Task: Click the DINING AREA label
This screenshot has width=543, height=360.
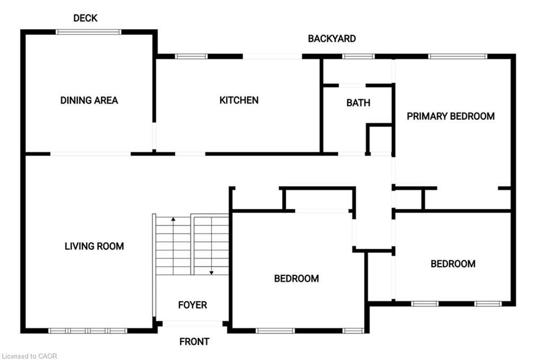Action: point(89,100)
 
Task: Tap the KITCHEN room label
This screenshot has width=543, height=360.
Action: point(239,100)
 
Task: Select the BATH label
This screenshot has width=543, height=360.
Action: point(358,103)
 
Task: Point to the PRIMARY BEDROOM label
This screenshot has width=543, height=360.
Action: point(451,116)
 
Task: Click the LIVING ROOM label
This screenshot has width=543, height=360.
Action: point(94,246)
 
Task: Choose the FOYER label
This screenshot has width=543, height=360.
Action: point(192,305)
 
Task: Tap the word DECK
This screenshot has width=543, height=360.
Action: point(85,18)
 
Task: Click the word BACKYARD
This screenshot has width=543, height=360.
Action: point(332,38)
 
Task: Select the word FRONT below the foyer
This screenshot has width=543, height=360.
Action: point(194,341)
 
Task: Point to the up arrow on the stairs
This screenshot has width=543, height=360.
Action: point(172,218)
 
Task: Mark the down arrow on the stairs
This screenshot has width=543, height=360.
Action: point(211,272)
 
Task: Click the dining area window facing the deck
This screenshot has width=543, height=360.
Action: point(89,32)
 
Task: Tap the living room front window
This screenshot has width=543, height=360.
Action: point(88,331)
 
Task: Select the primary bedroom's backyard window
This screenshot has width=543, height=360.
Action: point(458,56)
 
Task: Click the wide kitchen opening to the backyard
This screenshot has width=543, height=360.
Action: point(273,56)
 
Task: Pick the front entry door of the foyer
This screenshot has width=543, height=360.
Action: point(192,323)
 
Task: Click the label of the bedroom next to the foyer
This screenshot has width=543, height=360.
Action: point(296,278)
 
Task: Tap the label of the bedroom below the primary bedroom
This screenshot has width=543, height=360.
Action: point(453,264)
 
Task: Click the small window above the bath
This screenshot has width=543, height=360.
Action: point(358,56)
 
